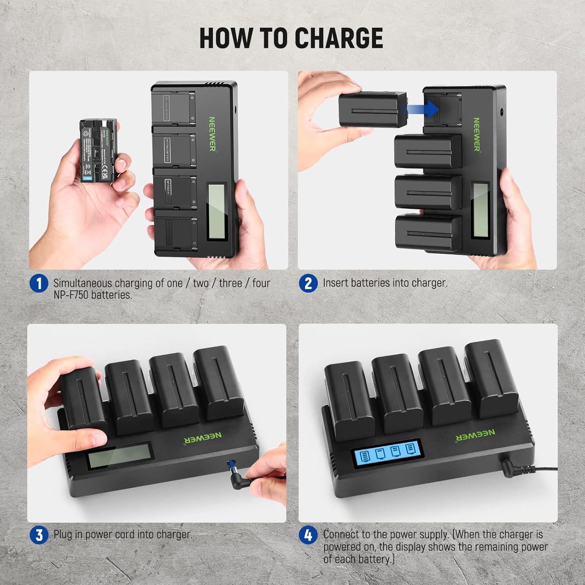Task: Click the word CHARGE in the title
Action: pos(338,38)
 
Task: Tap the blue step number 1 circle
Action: pos(39,283)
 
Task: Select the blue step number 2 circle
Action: pos(308,283)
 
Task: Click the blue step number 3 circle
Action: pos(39,535)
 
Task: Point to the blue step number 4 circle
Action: pos(308,535)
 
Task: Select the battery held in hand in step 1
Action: pos(96,151)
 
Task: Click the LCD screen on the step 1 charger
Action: pos(216,212)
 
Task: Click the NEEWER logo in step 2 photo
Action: pos(477,134)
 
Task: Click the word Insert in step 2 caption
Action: pos(335,283)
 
